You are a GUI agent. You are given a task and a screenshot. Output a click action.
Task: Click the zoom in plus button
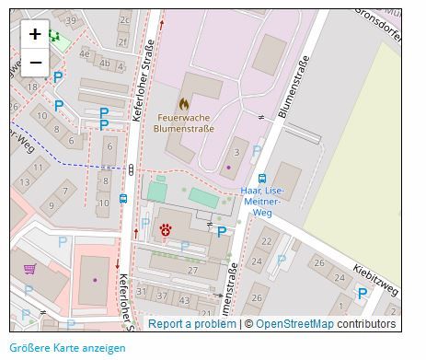35,34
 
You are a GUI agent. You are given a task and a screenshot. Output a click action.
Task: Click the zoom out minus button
35,62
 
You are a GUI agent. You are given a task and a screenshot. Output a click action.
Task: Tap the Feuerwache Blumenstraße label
184,123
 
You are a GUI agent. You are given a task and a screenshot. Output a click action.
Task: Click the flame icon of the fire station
184,104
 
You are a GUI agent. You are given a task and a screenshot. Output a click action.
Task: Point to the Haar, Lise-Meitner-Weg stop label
262,202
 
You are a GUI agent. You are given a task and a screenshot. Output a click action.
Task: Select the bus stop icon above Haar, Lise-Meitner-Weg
262,179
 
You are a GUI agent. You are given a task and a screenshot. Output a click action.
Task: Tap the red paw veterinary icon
166,229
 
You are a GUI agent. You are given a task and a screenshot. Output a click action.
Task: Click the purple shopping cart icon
30,269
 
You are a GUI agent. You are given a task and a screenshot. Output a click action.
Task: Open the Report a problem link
191,324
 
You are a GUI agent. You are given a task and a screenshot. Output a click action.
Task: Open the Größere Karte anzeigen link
67,348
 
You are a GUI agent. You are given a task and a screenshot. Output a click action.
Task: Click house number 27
192,270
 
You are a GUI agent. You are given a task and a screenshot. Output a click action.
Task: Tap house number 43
185,300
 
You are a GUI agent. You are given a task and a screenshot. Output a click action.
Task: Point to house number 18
33,87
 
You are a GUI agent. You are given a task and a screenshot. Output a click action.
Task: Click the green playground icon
55,36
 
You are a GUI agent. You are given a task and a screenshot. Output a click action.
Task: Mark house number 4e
85,53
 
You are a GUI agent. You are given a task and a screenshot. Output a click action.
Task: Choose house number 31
142,292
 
